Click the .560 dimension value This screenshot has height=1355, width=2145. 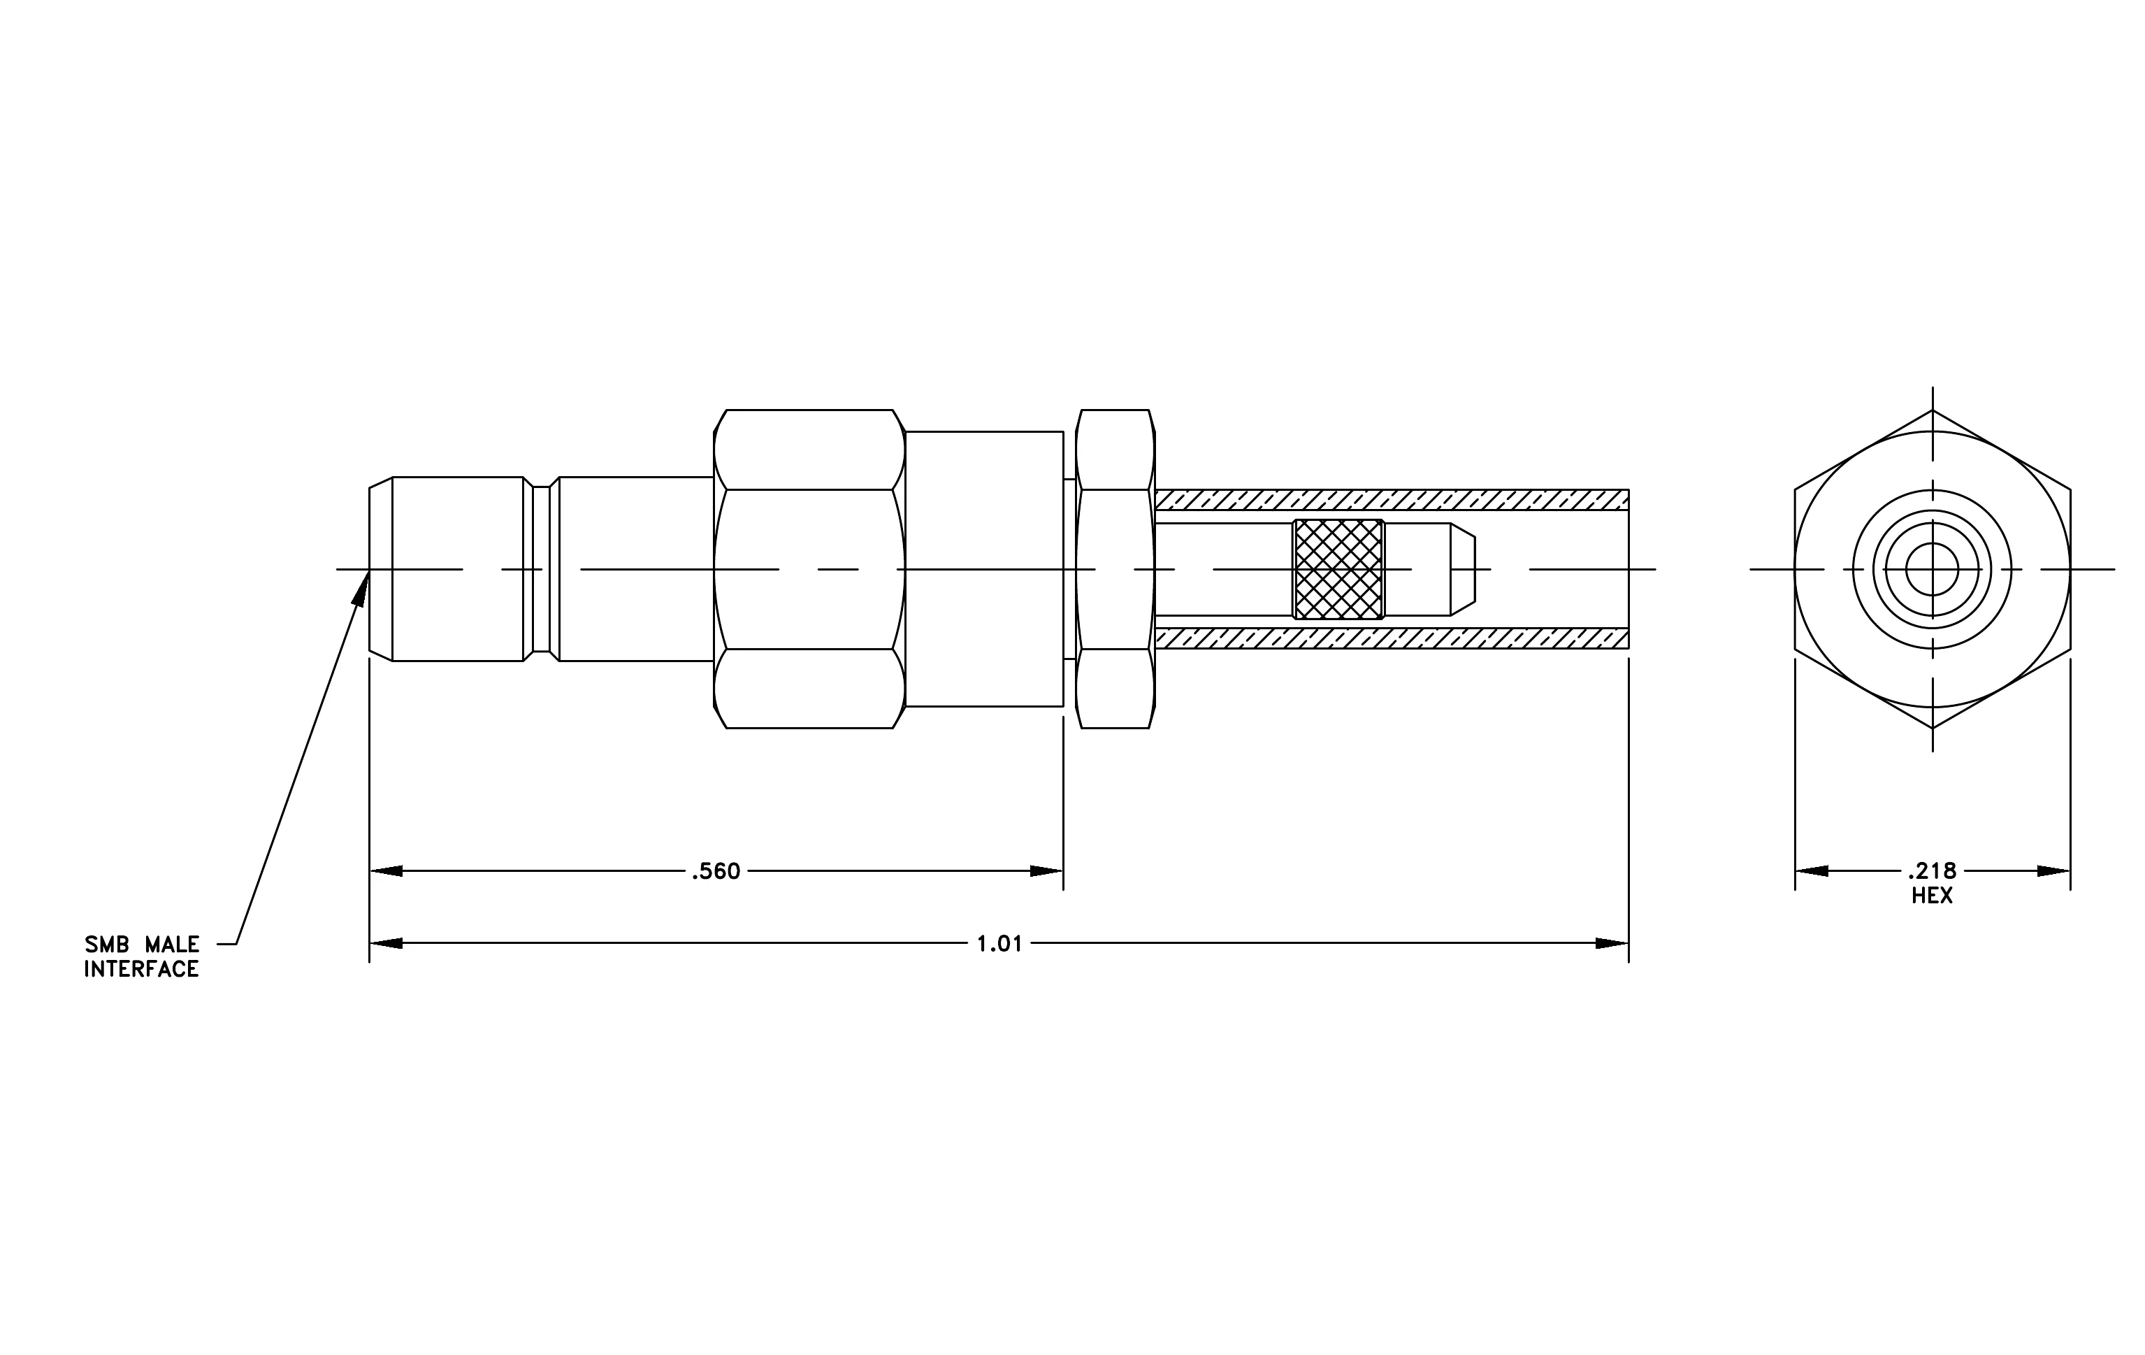click(x=716, y=871)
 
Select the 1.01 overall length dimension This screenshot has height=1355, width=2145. click(x=999, y=943)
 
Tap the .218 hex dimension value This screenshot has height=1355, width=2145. click(x=1932, y=871)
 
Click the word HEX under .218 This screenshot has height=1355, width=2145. click(x=1932, y=896)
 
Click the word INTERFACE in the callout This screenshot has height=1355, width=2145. click(x=142, y=969)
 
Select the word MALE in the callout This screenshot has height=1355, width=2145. click(x=173, y=945)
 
